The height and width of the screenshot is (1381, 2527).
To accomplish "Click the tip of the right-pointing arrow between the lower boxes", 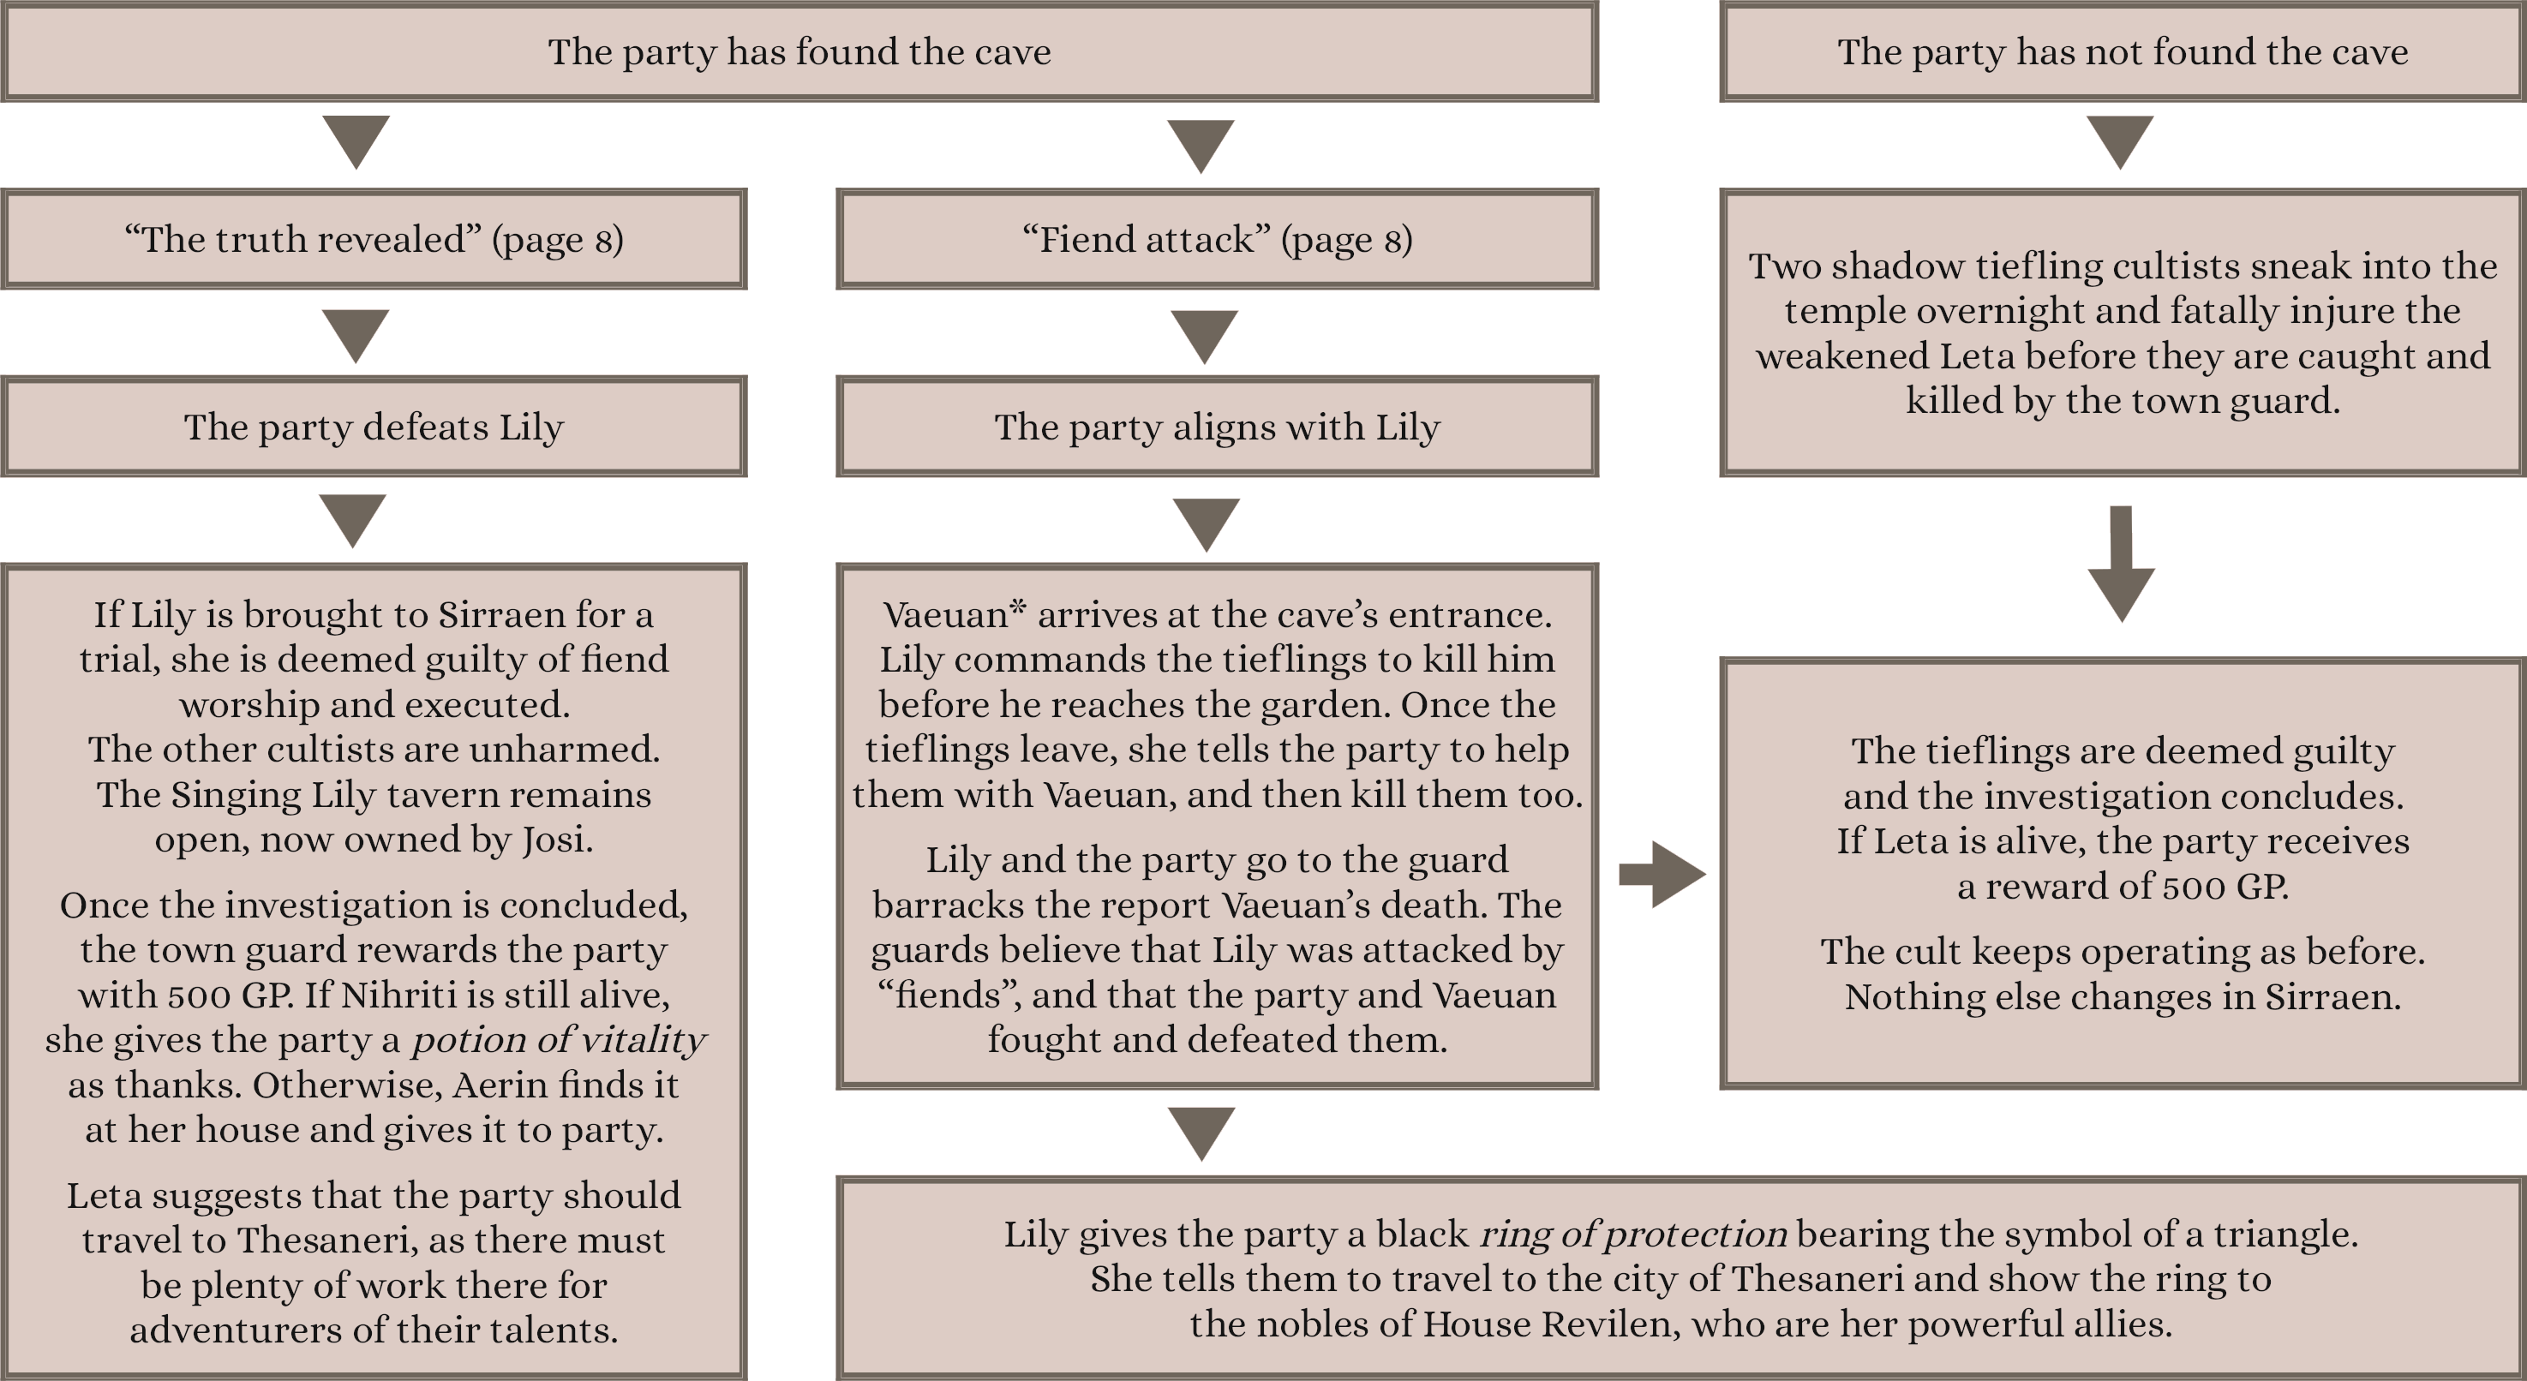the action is coord(1706,874).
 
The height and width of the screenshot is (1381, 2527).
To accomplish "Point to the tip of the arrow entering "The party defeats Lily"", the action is coord(356,364).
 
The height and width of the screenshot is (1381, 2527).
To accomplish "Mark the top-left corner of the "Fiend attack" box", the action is coord(837,189).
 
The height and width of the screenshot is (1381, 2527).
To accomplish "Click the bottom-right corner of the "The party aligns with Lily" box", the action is coord(1599,476).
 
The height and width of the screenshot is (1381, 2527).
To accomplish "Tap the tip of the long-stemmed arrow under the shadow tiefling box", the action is coord(2121,622).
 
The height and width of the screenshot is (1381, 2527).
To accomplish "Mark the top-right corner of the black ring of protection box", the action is coord(2525,1176).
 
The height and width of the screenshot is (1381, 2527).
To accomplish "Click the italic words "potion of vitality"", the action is coord(558,1041).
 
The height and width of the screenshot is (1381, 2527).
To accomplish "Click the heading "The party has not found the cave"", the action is coord(2123,51).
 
